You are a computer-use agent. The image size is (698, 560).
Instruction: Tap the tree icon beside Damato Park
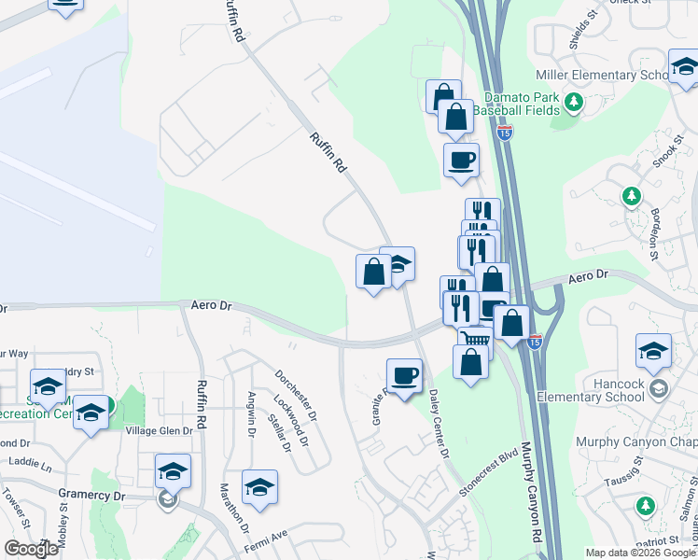575,101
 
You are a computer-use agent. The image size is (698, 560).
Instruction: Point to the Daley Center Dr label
436,427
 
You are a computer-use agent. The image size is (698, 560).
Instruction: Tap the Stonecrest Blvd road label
487,477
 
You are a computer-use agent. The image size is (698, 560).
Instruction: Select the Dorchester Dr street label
297,394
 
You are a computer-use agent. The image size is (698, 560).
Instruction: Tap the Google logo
30,549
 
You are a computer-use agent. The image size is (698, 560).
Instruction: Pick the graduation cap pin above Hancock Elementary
654,351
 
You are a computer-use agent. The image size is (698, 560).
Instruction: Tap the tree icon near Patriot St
645,506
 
